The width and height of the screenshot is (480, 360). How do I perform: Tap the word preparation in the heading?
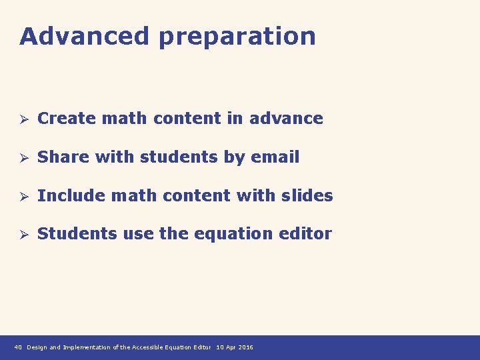coord(237,37)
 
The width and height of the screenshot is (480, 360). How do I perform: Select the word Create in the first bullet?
coord(65,119)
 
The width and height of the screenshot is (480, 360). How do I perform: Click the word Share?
coord(63,157)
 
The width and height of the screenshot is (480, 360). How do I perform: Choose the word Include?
coord(71,196)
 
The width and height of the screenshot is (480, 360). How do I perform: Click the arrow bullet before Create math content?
coord(23,119)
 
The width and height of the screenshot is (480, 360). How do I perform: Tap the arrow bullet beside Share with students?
coord(23,158)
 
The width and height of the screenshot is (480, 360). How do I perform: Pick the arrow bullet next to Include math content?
coord(23,197)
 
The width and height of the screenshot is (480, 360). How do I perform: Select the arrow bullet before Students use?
coord(23,235)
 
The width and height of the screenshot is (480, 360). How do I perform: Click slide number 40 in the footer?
coord(18,347)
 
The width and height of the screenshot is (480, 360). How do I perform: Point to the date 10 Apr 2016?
coord(235,347)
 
